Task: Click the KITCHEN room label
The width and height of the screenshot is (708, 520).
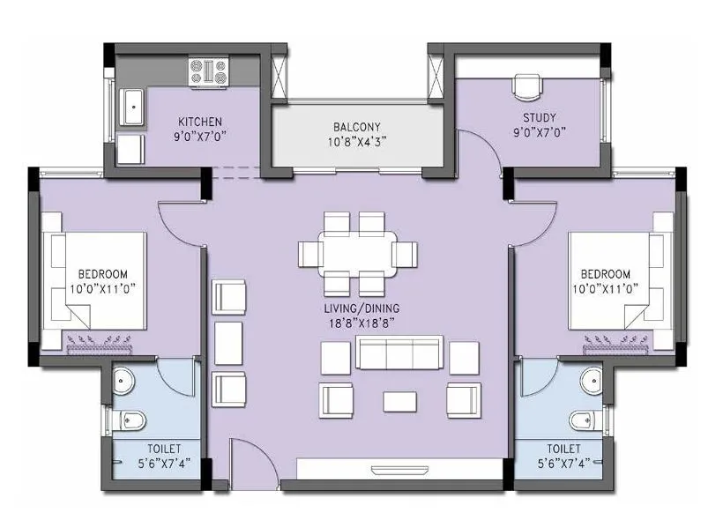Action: pos(200,122)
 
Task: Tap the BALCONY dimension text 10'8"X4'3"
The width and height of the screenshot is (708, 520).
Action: pos(356,140)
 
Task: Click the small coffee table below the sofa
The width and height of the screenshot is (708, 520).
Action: pos(400,401)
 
